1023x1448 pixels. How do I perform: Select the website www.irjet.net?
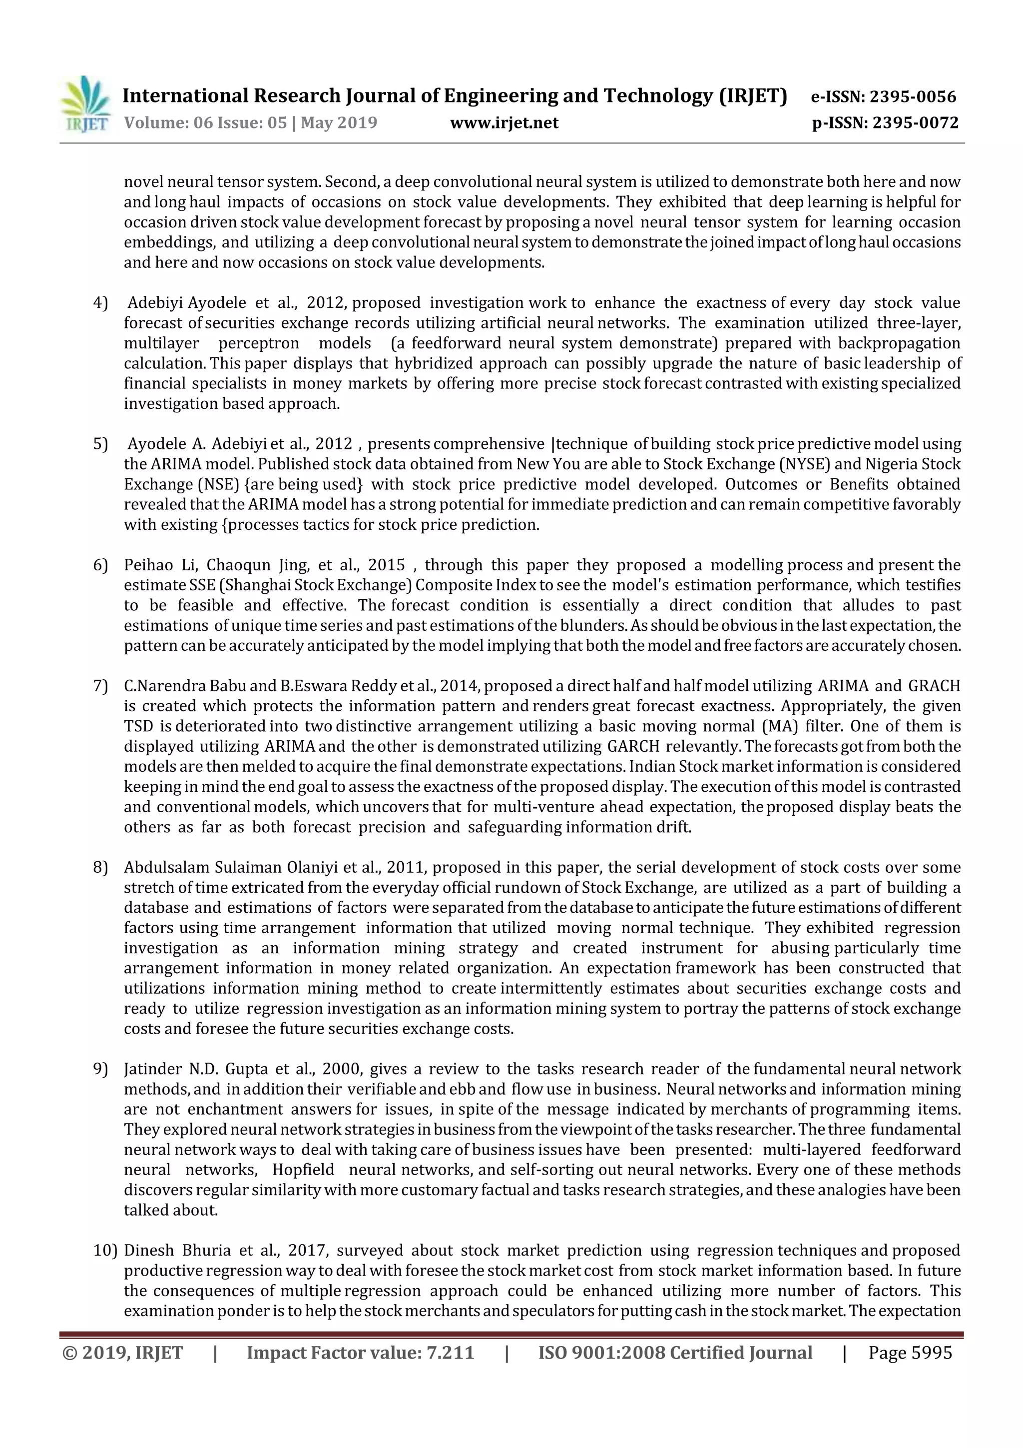tap(504, 123)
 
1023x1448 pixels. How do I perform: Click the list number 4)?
tap(101, 303)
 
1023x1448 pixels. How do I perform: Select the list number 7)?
tap(101, 686)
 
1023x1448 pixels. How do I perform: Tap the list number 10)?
tap(104, 1251)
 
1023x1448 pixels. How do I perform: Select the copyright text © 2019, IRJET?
tap(123, 1353)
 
